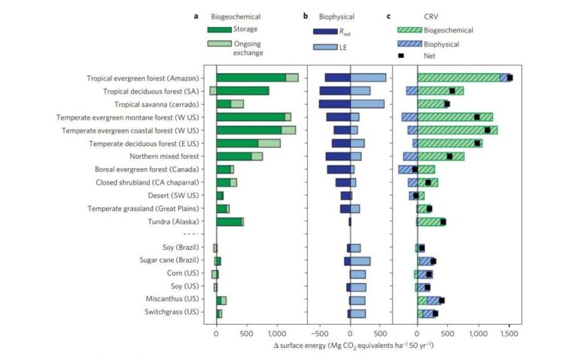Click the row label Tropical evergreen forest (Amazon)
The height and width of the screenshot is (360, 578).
142,78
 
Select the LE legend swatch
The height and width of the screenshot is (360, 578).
326,47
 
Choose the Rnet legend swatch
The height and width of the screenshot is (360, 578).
326,31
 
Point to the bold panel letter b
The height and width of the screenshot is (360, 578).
306,15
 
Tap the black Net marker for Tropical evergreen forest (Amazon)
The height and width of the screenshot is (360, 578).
510,78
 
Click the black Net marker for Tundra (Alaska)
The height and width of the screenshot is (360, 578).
443,221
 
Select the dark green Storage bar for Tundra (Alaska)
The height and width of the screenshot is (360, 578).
229,221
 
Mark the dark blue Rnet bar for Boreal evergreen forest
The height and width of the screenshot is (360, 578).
339,169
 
